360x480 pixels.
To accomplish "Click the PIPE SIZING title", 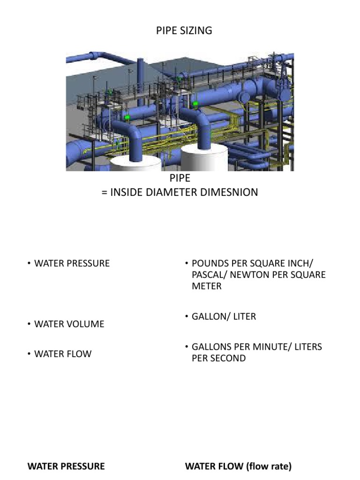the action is [x=184, y=30].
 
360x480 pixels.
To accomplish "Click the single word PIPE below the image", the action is [x=180, y=178].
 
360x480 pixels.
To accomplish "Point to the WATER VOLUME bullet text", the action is [x=69, y=324].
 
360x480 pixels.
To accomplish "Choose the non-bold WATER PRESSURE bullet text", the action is [x=72, y=263].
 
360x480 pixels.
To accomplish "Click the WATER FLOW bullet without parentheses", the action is [x=63, y=354].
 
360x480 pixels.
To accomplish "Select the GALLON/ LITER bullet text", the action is [x=224, y=316].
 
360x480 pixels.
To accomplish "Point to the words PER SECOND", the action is [x=218, y=358].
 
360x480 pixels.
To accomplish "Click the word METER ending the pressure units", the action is [x=207, y=286].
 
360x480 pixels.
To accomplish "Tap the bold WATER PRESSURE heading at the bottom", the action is [x=66, y=466].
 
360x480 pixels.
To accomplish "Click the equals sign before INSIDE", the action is [x=105, y=193].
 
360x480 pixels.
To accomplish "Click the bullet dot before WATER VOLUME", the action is [x=29, y=323].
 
